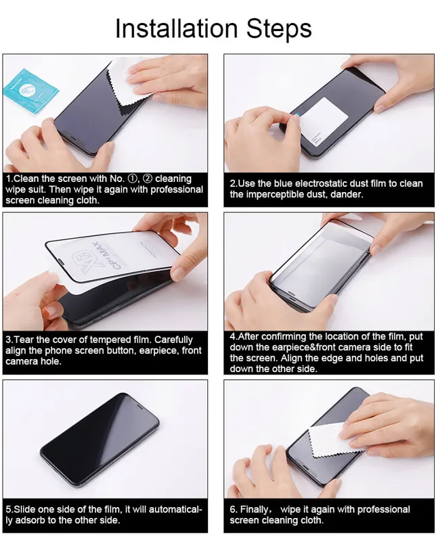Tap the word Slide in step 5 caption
tap(26, 509)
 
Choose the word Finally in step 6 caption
tap(260, 509)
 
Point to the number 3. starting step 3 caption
tap(9, 339)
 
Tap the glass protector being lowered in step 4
tap(325, 254)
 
